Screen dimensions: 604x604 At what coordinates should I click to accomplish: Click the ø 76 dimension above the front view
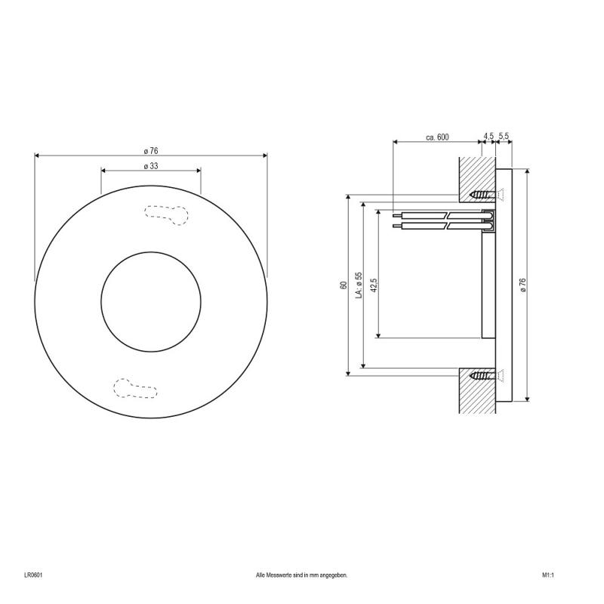pyautogui.click(x=150, y=149)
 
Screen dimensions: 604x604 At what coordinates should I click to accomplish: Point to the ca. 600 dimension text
pyautogui.click(x=437, y=137)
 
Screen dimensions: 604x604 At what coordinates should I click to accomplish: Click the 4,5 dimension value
pyautogui.click(x=488, y=137)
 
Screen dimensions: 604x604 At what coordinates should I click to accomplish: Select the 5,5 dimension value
pyautogui.click(x=505, y=137)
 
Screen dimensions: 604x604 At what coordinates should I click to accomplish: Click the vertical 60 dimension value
pyautogui.click(x=343, y=285)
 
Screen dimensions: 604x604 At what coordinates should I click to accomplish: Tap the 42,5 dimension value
pyautogui.click(x=374, y=285)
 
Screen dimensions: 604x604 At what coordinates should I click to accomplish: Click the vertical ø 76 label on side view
pyautogui.click(x=522, y=285)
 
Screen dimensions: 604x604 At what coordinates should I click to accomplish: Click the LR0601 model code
pyautogui.click(x=33, y=575)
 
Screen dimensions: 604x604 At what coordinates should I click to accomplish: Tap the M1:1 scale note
pyautogui.click(x=548, y=575)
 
